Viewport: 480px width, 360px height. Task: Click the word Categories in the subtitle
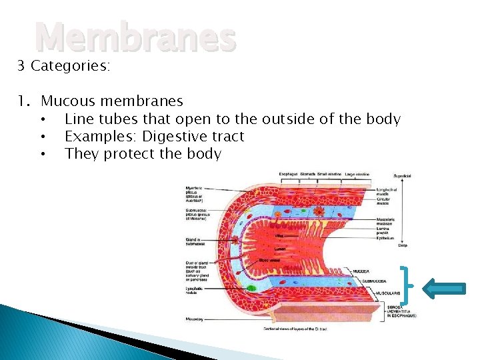click(x=71, y=66)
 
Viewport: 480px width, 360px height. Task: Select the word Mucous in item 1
click(x=67, y=101)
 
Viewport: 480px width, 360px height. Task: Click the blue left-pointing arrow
click(x=443, y=287)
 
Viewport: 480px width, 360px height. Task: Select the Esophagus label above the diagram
click(x=288, y=174)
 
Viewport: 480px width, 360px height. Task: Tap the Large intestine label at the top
click(x=358, y=174)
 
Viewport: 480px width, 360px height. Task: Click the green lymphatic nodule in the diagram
click(x=251, y=288)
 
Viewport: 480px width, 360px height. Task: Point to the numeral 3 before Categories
click(x=21, y=66)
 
